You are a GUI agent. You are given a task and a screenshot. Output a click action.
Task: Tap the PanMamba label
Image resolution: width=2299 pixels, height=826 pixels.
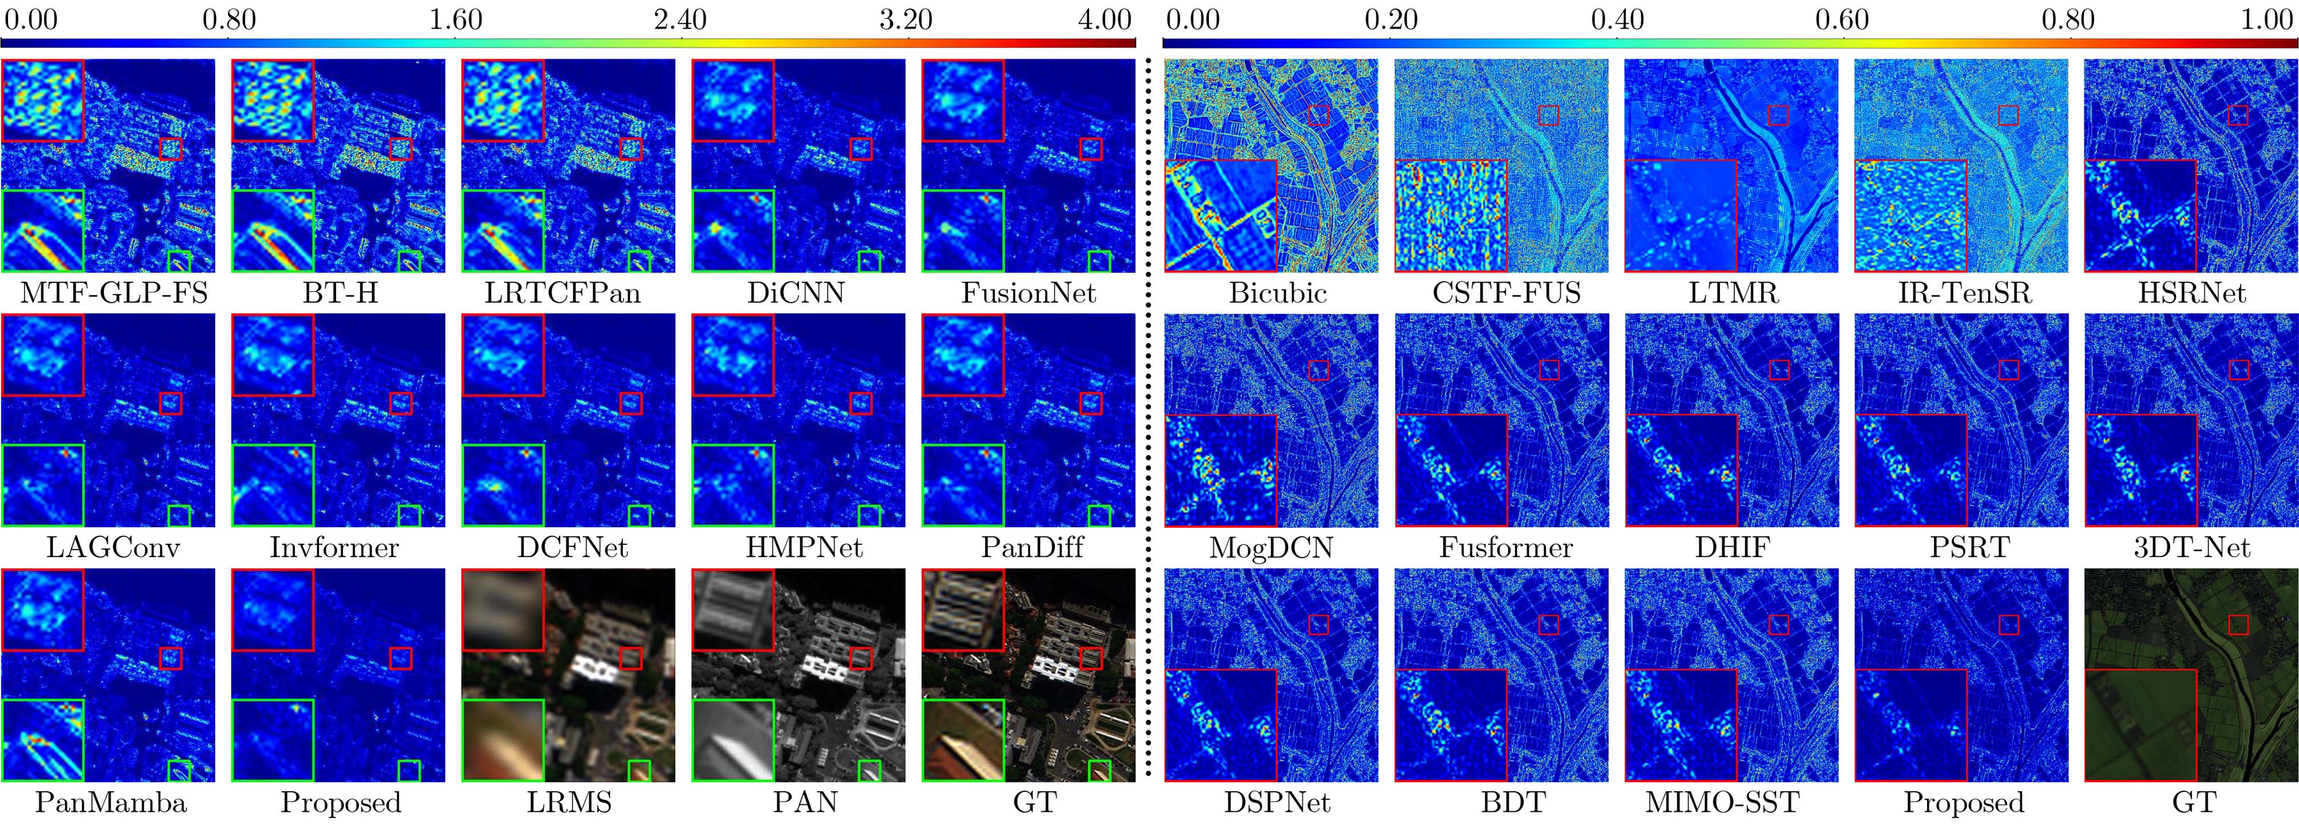point(111,803)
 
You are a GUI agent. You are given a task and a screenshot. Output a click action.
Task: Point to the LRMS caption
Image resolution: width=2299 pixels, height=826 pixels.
point(569,803)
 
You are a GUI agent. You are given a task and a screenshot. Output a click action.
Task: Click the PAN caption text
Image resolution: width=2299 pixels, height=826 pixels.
point(805,803)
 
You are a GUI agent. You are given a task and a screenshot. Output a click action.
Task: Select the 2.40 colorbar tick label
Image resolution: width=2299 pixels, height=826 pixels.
point(679,19)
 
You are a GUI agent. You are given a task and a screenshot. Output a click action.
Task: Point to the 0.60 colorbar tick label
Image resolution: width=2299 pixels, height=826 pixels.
point(1842,19)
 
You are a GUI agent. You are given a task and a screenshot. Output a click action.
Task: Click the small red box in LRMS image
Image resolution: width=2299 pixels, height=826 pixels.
point(630,658)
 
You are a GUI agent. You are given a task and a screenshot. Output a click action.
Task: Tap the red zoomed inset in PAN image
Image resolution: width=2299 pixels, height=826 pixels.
point(732,610)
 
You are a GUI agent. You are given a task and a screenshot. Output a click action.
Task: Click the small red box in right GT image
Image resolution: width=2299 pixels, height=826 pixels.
point(2239,624)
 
